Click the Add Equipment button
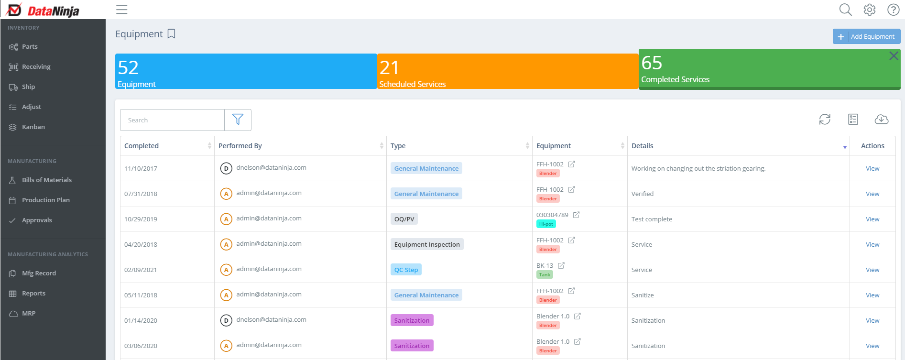coord(866,36)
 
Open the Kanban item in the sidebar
coord(33,127)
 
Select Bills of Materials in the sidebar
coord(46,180)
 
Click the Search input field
coord(172,120)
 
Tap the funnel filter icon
coord(238,120)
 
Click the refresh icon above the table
coord(825,119)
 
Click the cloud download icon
coord(881,119)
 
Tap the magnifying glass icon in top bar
coord(845,10)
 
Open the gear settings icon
coord(869,10)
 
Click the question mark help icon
coord(893,10)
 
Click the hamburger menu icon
coord(122,10)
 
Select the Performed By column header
coord(240,146)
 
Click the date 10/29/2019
coord(141,219)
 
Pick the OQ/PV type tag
coord(404,219)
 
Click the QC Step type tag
coord(406,270)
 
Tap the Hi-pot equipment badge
coord(546,224)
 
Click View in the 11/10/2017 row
coord(872,168)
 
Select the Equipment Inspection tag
coord(427,244)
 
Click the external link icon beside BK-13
coord(561,265)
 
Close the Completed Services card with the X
coord(893,56)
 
